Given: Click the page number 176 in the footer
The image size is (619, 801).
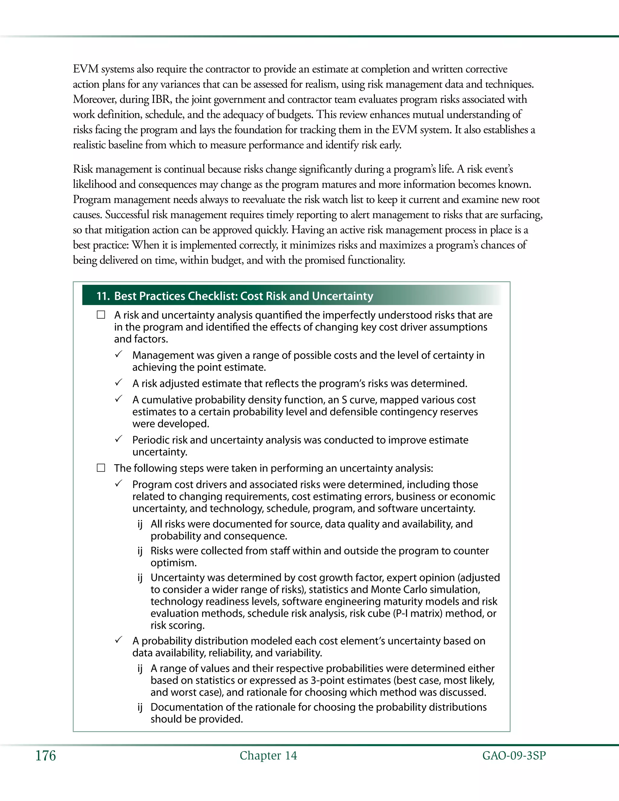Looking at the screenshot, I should point(45,756).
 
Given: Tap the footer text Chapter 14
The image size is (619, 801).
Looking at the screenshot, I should point(268,756).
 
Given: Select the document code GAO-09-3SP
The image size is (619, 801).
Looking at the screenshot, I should point(514,756).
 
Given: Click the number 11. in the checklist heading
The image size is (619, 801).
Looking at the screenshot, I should point(103,296).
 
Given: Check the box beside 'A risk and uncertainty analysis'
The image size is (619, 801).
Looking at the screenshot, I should point(101,315).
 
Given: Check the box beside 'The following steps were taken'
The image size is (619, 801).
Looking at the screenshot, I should point(101,468).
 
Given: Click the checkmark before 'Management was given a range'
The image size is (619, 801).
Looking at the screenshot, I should point(118,355).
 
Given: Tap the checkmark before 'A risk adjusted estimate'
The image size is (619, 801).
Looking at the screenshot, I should point(118,383).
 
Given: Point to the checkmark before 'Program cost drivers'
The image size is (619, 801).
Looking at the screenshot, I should point(118,484).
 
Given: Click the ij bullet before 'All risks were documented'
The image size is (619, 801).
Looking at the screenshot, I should point(140,524).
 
